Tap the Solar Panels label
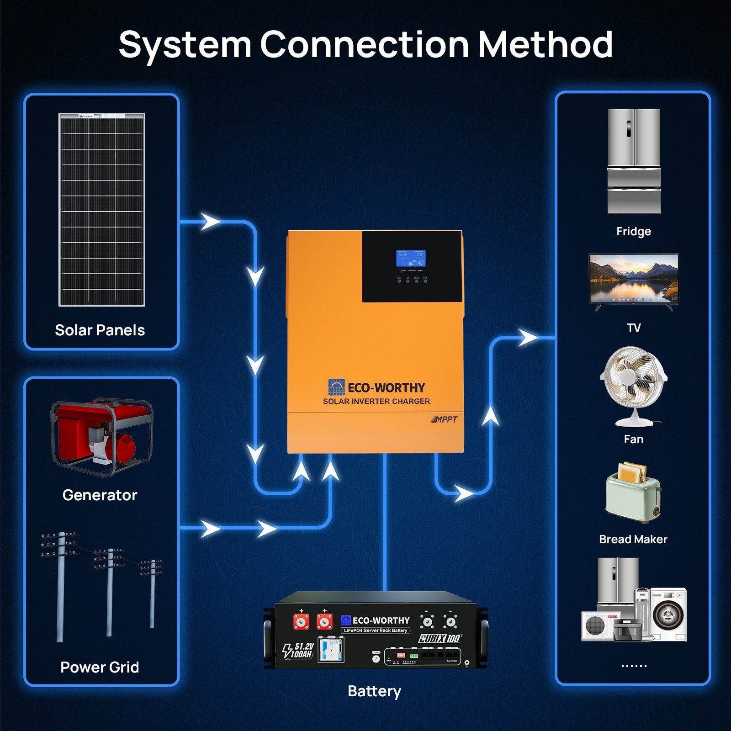[x=100, y=330]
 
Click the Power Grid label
[x=100, y=667]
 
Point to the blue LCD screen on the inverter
[x=410, y=259]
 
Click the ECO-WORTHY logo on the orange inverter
[x=376, y=387]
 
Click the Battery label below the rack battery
[x=374, y=691]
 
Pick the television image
[x=634, y=280]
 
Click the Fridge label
[x=633, y=231]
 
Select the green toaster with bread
[x=633, y=494]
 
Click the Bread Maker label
[x=633, y=539]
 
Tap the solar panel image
[x=101, y=209]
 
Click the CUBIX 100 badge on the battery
[x=440, y=638]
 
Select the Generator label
[x=100, y=495]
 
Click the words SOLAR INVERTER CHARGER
[x=376, y=401]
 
